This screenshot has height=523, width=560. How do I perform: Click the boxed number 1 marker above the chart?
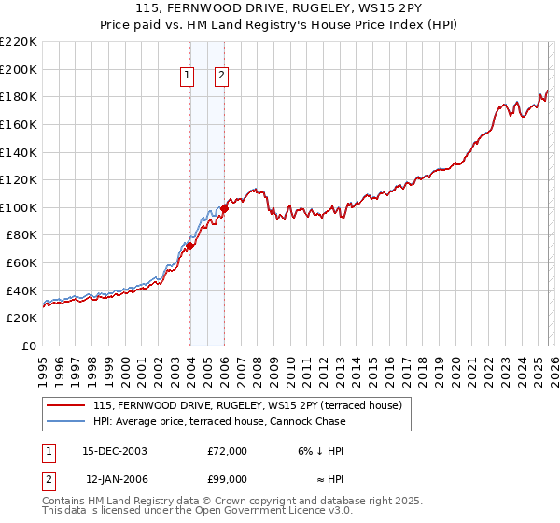(188, 77)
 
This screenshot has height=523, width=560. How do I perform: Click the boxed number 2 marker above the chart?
(222, 77)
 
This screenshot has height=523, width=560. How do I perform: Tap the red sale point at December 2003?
(189, 246)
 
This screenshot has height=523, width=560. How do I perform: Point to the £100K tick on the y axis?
(19, 207)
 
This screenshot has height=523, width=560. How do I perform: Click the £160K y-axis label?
(19, 124)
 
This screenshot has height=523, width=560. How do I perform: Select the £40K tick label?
(22, 290)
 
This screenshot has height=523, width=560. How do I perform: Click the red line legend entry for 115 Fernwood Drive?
(247, 405)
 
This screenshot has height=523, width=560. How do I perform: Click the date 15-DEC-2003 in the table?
(115, 451)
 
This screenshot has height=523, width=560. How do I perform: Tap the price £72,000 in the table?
(227, 451)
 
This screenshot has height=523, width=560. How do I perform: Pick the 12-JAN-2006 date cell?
(115, 479)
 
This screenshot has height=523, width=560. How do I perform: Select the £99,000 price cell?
(227, 479)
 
